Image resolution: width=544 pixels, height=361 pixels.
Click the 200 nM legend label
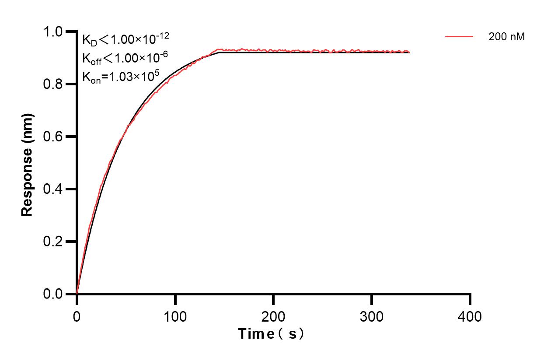coord(507,37)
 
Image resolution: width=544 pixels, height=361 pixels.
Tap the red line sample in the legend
coord(459,37)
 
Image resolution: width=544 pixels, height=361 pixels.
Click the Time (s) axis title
coord(271,334)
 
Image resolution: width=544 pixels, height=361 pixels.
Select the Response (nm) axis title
coord(27,164)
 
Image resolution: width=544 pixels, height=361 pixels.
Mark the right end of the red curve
coord(410,52)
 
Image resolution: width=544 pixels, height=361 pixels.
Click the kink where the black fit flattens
coord(218,53)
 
